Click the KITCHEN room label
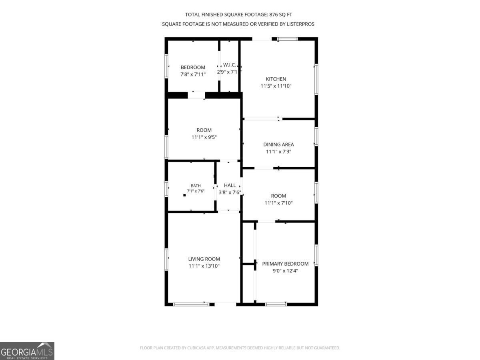[x=276, y=79]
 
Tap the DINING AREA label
[x=278, y=144]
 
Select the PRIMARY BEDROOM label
[x=285, y=264]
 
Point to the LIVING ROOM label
[x=204, y=259]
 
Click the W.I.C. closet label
[x=229, y=65]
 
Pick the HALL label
[x=230, y=185]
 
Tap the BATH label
[x=196, y=186]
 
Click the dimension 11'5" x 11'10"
[x=276, y=86]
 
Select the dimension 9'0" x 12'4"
[x=285, y=271]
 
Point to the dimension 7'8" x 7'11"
[x=193, y=74]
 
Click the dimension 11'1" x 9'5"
[x=204, y=137]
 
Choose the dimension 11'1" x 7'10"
[x=278, y=203]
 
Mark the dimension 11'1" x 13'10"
[x=204, y=266]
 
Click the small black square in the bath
[x=184, y=195]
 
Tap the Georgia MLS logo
[x=27, y=351]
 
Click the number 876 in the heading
[x=273, y=15]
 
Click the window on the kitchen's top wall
[x=287, y=39]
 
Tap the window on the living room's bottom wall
[x=191, y=304]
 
